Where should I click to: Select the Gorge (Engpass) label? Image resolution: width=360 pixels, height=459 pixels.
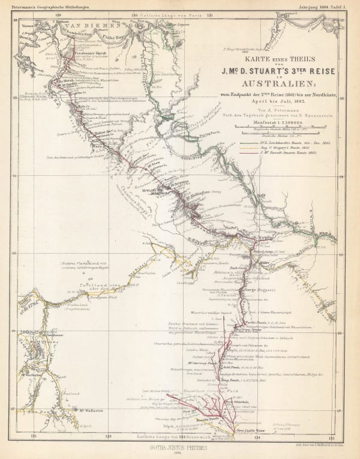point(256,290)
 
